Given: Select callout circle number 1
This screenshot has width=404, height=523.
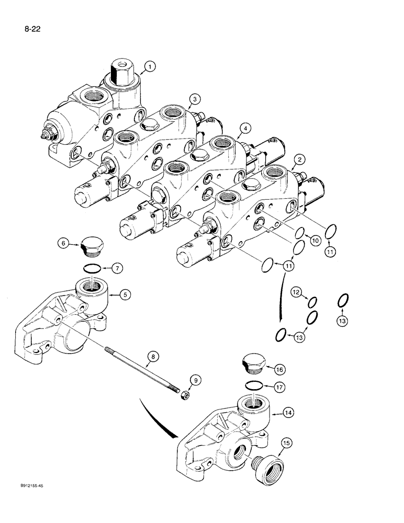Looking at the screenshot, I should [x=150, y=66].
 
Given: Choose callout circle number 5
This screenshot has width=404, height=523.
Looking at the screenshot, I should [x=125, y=294].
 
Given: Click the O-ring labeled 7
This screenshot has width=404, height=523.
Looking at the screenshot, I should [x=94, y=268].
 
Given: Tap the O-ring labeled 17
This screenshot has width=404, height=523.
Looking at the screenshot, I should [x=254, y=386].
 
